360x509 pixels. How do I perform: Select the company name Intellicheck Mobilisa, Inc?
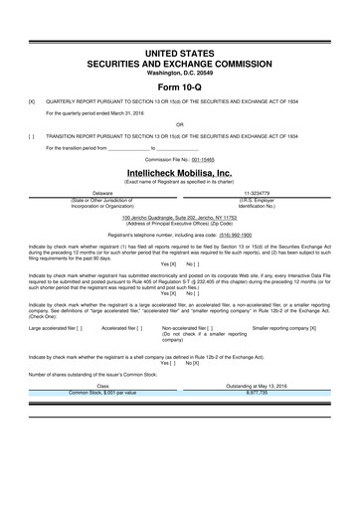pos(179,171)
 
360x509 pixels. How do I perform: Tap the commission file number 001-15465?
pos(202,159)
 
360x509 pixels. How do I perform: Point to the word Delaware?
pos(102,193)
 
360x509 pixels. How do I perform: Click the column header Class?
pos(102,386)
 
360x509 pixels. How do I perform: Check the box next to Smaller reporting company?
pos(312,326)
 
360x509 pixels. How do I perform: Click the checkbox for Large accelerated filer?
pos(79,326)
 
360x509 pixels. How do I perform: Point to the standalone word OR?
pos(180,125)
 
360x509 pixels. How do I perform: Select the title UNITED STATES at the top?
pos(179,50)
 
